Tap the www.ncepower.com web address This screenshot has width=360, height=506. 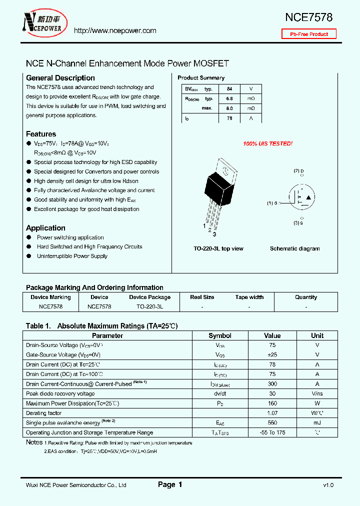pos(115,30)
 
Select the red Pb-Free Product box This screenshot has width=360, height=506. pos(309,34)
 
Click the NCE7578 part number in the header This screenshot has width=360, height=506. pos(308,17)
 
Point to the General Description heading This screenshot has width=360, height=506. pos(60,78)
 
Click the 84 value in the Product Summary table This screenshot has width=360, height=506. pos(229,89)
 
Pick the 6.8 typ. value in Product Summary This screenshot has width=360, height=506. pos(229,98)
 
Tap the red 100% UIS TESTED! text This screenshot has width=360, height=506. pos(267,144)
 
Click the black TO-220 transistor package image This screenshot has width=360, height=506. pos(219,187)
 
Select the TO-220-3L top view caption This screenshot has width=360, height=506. pos(218,248)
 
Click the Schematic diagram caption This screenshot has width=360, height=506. pos(295,248)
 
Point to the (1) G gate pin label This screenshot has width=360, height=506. pos(272,203)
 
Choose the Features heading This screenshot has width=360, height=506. pos(41,134)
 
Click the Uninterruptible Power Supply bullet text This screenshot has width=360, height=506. pos(72,256)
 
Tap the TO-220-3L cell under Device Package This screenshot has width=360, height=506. pos(149,306)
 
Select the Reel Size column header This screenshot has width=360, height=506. pos(202,297)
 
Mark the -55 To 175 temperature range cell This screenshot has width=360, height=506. pos(272,432)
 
